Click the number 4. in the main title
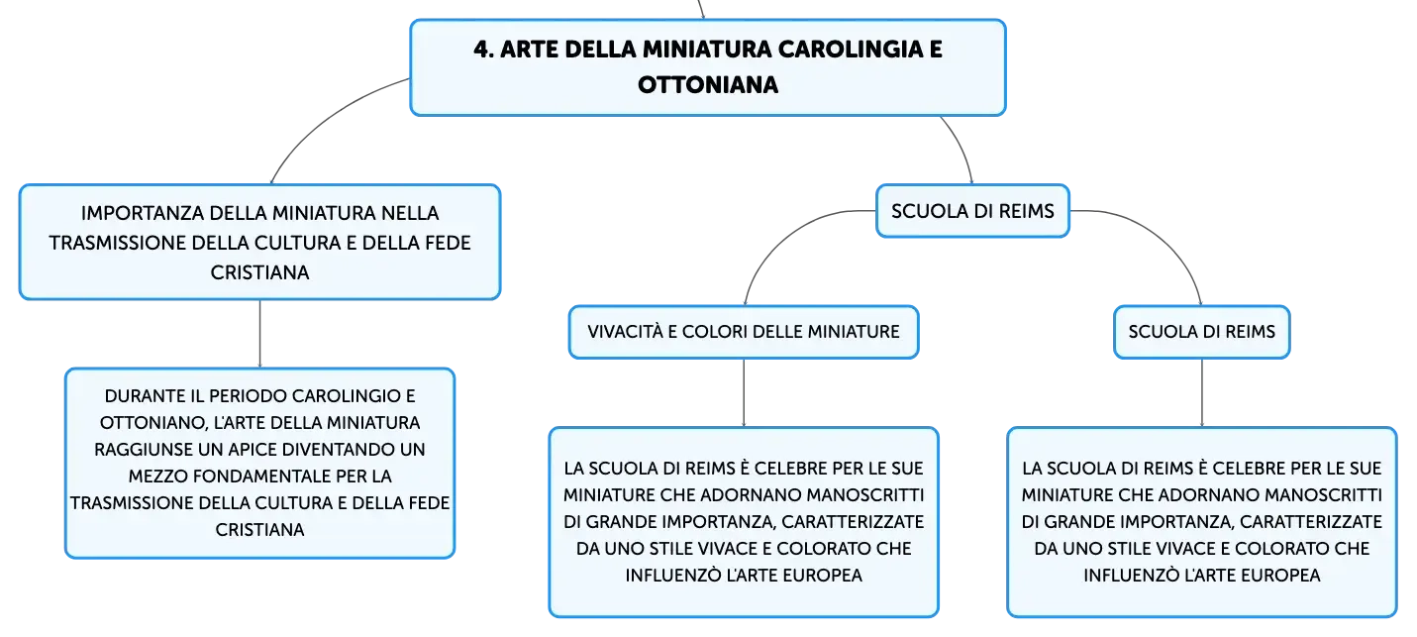(483, 50)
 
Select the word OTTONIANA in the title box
(708, 85)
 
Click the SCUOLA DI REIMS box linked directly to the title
(972, 211)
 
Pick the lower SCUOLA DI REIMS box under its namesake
(1201, 332)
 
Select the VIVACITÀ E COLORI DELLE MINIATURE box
(744, 332)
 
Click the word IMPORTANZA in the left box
(143, 213)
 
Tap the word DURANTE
(137, 396)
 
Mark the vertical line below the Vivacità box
(744, 393)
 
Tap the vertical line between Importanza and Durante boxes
(260, 334)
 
